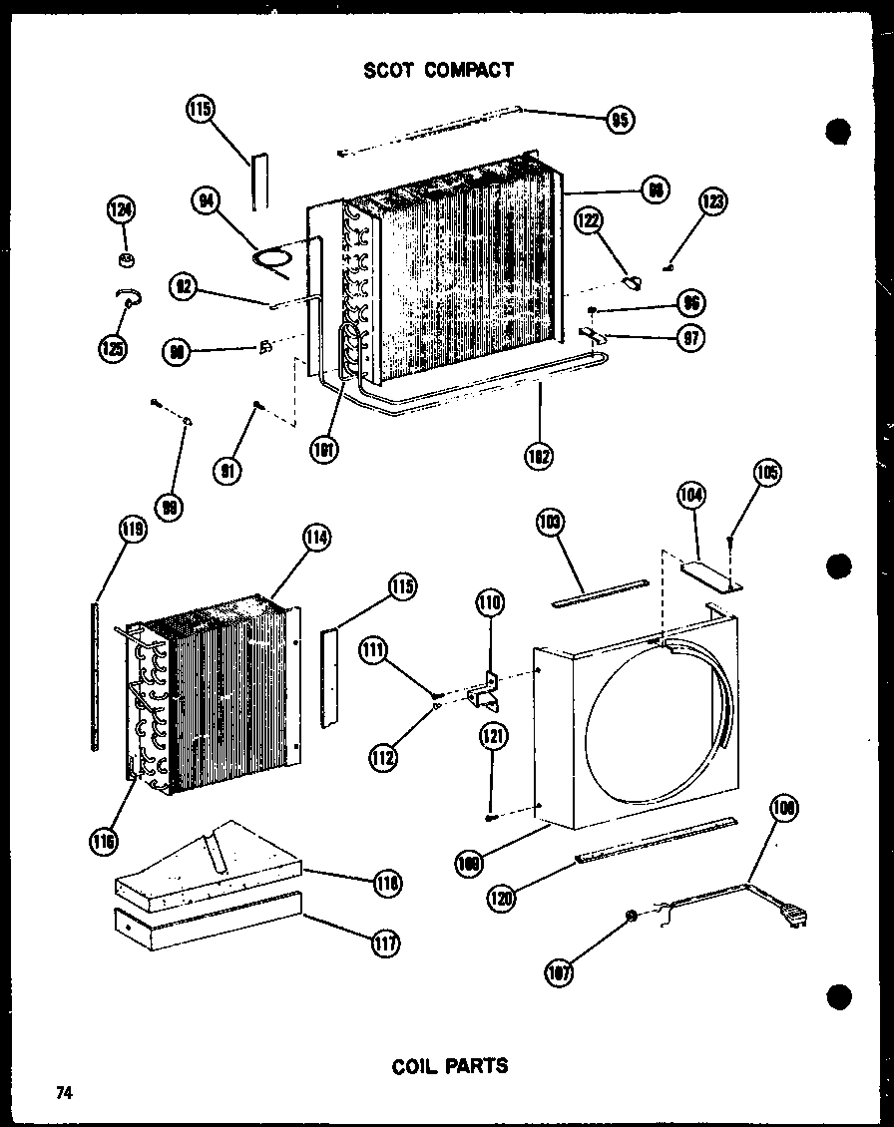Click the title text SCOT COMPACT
click(438, 70)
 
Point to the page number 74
click(64, 1092)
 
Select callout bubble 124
click(122, 210)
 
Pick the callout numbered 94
click(207, 202)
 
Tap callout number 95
click(621, 122)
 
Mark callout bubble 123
click(713, 203)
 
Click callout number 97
click(688, 338)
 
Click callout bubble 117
click(384, 941)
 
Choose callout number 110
click(491, 602)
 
